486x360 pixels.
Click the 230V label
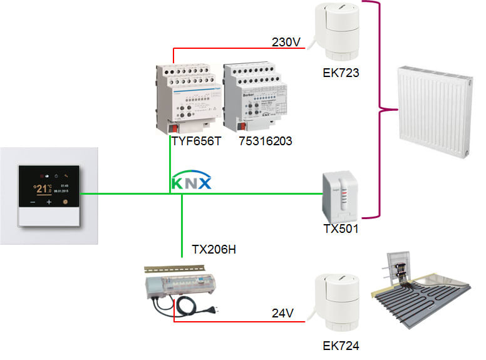286,42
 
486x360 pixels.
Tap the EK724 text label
341,345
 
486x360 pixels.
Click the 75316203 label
266,142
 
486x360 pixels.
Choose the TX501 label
341,229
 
